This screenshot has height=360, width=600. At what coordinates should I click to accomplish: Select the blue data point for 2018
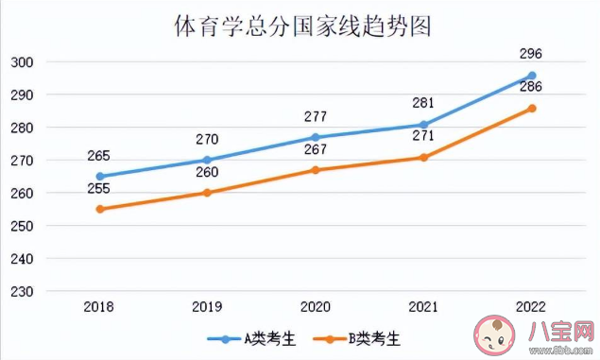100,176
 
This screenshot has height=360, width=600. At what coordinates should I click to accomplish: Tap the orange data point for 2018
100,209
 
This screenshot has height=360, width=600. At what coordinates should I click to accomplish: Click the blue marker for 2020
316,137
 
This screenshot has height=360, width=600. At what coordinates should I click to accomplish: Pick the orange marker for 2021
423,157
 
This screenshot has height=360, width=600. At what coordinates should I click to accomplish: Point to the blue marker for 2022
532,76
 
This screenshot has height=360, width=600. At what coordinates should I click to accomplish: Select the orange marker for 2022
532,108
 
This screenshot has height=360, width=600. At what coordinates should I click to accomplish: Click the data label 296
532,54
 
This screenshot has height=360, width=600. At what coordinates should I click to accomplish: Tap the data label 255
98,188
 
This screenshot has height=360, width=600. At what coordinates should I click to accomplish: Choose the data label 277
316,116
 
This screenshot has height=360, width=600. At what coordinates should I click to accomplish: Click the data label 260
207,172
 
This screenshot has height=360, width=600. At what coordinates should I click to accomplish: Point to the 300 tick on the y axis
23,62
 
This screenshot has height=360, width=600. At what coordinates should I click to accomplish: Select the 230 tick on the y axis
23,292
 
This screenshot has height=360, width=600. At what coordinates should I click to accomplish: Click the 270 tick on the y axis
23,161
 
